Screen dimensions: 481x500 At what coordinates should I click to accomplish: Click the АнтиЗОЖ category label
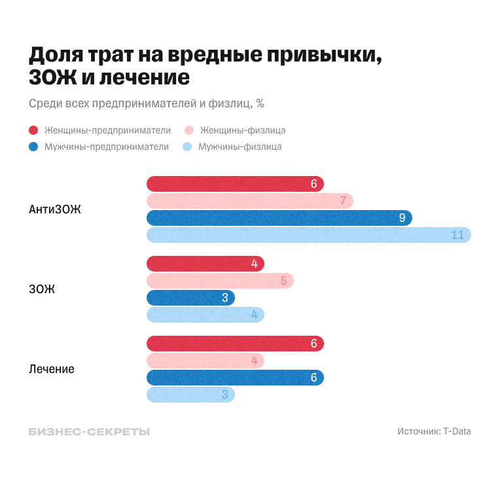(x=55, y=209)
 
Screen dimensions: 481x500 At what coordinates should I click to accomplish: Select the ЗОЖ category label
(x=42, y=289)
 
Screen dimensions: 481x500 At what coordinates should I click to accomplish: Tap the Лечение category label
(x=52, y=369)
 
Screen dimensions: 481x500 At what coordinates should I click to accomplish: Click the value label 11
(x=457, y=235)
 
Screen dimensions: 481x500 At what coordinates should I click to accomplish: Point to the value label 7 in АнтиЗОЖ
(x=342, y=201)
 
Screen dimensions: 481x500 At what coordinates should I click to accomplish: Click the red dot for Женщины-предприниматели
(x=33, y=130)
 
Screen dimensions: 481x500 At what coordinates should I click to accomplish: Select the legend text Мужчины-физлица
(x=240, y=147)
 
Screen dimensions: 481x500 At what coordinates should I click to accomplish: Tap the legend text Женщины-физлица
(x=243, y=130)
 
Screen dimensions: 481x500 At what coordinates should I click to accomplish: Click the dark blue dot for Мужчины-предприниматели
(x=33, y=147)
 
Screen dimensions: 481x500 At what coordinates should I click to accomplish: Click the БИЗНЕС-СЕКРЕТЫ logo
(x=89, y=432)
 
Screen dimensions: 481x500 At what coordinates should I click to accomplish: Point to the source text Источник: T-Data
(x=434, y=432)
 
